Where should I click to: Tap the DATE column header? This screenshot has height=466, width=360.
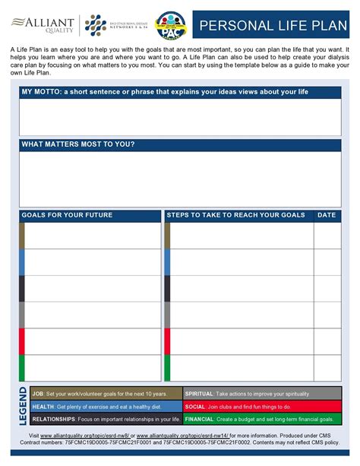click(327, 215)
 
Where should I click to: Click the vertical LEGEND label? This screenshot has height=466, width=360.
click(22, 406)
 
